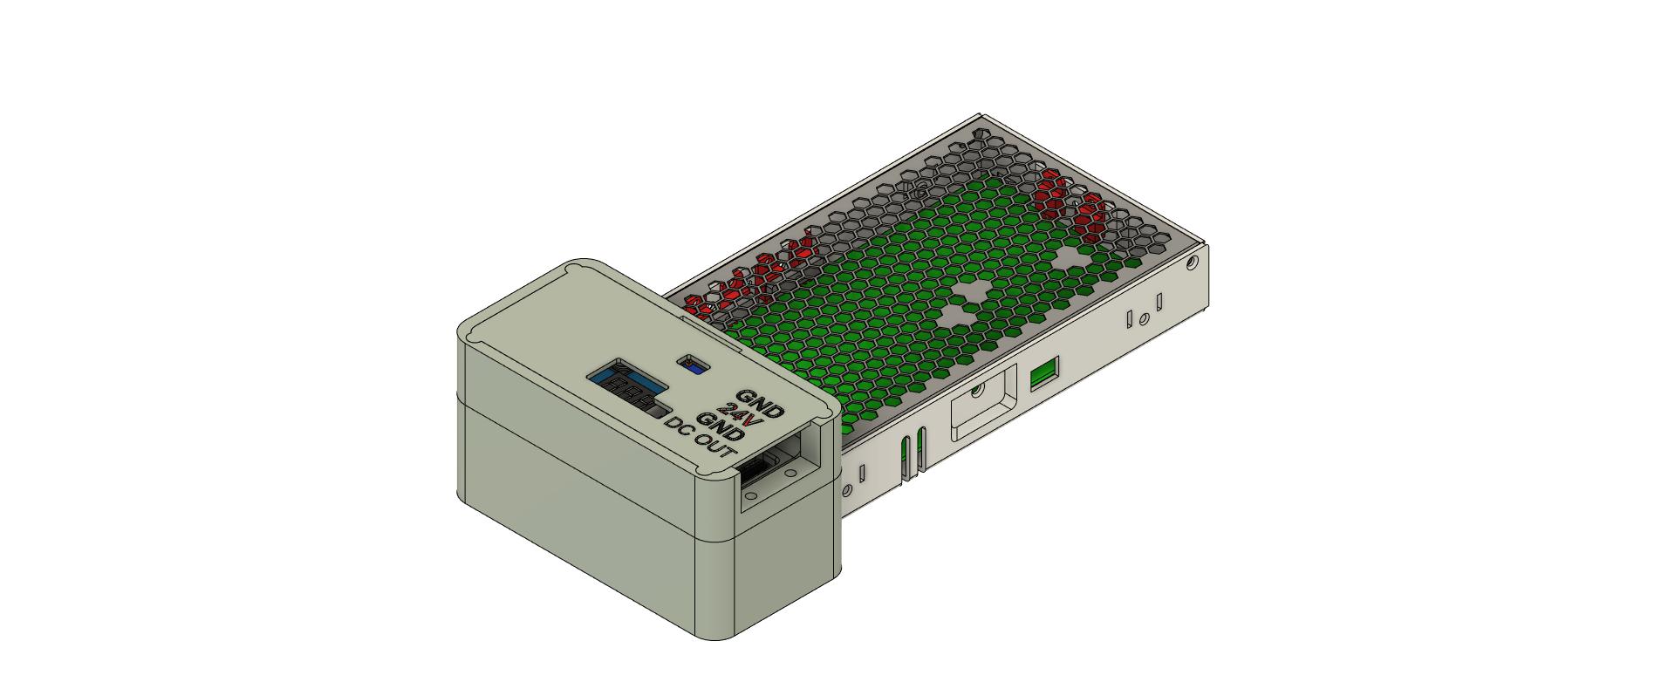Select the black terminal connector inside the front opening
(757, 472)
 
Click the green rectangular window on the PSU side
(1043, 375)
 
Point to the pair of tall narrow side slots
(912, 454)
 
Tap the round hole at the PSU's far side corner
(1192, 261)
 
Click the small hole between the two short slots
(1143, 318)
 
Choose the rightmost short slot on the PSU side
(1159, 303)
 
